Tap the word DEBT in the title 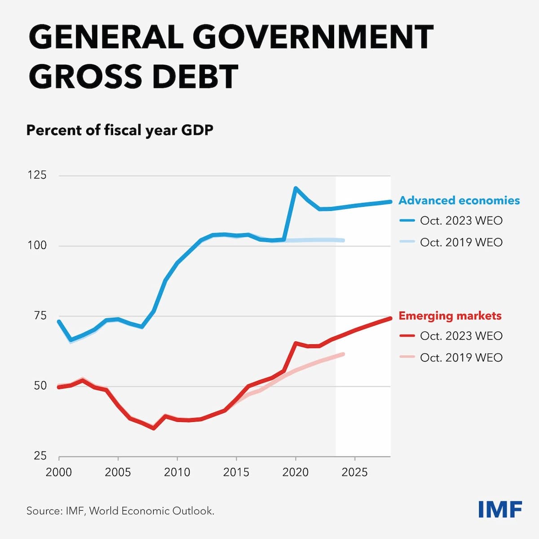click(195, 76)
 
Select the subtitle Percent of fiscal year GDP click(120, 130)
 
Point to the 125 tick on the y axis click(37, 175)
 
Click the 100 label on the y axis click(37, 245)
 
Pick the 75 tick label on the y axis click(40, 316)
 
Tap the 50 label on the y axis click(40, 386)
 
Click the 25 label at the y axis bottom click(40, 456)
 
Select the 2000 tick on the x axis click(59, 473)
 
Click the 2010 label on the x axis click(177, 473)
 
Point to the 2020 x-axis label click(296, 473)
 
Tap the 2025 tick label click(355, 473)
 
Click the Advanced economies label click(459, 200)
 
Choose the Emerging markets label click(450, 316)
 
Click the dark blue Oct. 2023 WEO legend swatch click(407, 221)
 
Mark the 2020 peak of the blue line click(296, 188)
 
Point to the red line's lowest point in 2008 click(154, 428)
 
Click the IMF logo click(500, 509)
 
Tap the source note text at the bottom click(120, 511)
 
